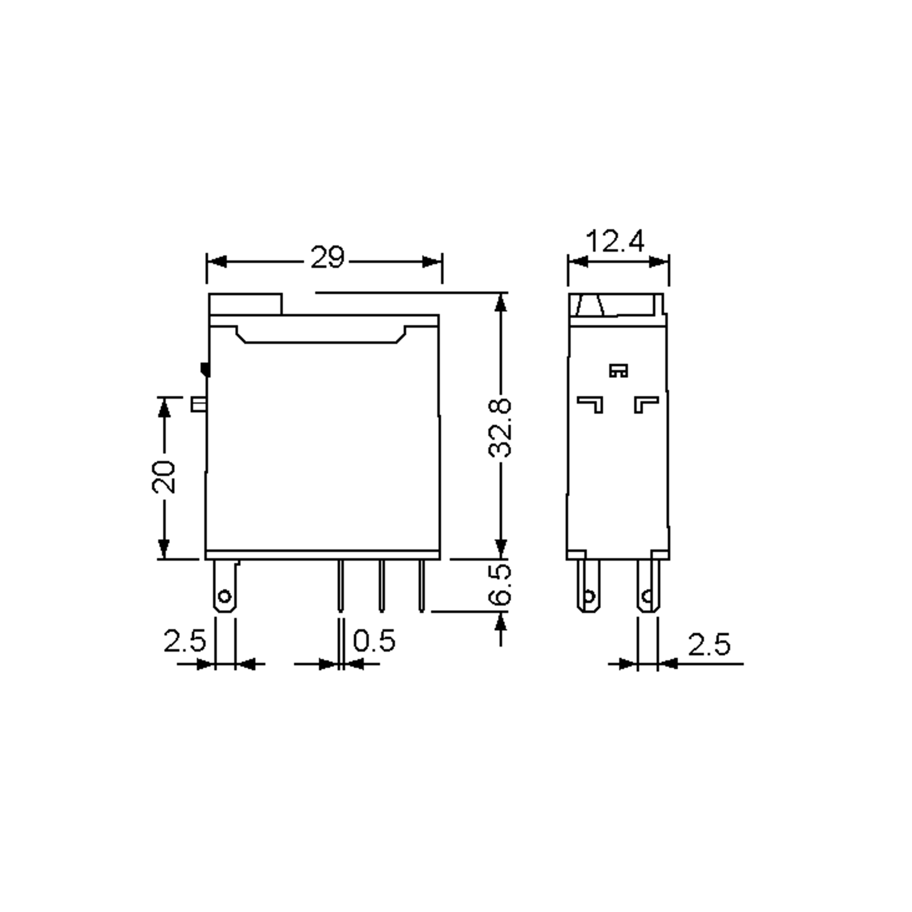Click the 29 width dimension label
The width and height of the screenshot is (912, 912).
click(328, 258)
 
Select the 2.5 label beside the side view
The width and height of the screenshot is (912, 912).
click(709, 645)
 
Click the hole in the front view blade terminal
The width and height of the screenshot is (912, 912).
click(225, 597)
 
